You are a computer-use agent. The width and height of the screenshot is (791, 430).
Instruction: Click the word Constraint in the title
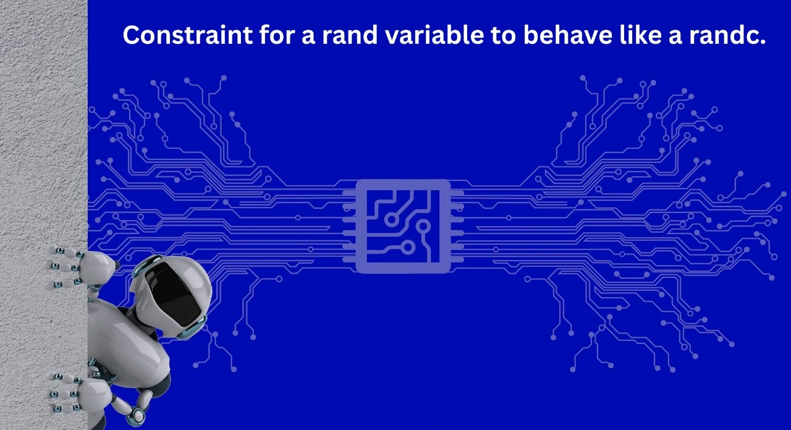coord(187,35)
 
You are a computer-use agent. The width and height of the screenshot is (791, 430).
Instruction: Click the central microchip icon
coord(403,226)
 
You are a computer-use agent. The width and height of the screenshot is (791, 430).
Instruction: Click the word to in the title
coord(504,35)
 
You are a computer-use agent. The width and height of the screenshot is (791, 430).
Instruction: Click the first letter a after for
coord(308,37)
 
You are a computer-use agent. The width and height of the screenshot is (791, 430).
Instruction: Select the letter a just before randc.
coord(675,37)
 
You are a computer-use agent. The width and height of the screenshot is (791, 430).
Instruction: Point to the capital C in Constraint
coord(132,35)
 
